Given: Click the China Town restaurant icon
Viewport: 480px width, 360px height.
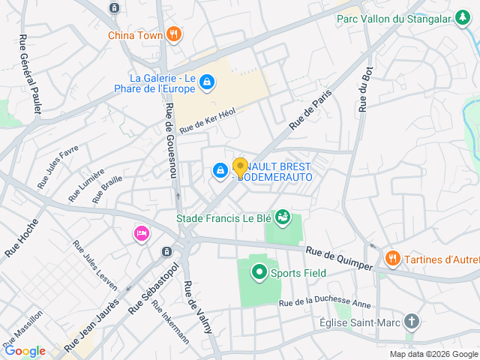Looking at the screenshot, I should coord(174,34).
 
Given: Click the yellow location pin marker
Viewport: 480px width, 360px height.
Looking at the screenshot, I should coord(240,167).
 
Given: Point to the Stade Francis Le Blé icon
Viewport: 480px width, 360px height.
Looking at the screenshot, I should coord(283,218).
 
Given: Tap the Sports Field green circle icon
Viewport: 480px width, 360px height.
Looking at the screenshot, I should coord(259,272).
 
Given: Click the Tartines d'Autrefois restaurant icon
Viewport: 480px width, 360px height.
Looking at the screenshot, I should coord(392,259).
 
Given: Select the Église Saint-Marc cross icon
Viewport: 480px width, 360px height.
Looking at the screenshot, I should coord(411,322).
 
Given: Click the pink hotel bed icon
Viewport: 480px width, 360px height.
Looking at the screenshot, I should coord(141,234).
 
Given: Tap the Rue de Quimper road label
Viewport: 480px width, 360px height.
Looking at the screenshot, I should coord(338,258).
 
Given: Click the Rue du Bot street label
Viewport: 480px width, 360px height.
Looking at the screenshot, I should coord(365,91).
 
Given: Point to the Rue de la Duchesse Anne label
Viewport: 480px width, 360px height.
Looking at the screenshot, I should coord(325,304).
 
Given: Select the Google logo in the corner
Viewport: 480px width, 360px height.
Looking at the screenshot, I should coord(25,351).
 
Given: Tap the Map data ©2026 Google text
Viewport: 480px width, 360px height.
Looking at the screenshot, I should coord(433,354).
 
